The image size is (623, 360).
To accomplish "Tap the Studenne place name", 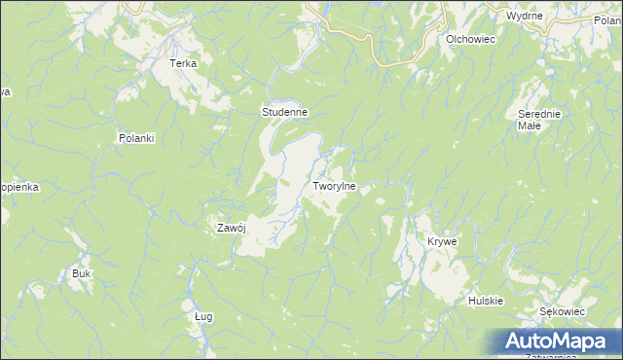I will pyautogui.click(x=284, y=113).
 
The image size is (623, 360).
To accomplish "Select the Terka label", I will pyautogui.click(x=183, y=63).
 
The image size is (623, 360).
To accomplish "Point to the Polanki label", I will pyautogui.click(x=136, y=138).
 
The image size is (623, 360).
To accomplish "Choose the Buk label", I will pyautogui.click(x=81, y=273).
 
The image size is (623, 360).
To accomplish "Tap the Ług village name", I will pyautogui.click(x=203, y=316).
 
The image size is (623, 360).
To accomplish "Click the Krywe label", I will pyautogui.click(x=442, y=241).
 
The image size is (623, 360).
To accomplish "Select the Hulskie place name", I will pyautogui.click(x=485, y=301).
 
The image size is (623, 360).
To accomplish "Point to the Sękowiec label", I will pyautogui.click(x=562, y=311).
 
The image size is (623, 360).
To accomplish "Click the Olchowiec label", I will pyautogui.click(x=471, y=39).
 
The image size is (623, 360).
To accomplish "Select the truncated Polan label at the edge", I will pyautogui.click(x=607, y=20).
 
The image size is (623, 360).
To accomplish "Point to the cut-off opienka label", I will pyautogui.click(x=18, y=186).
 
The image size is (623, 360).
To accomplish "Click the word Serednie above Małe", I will pyautogui.click(x=538, y=114).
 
